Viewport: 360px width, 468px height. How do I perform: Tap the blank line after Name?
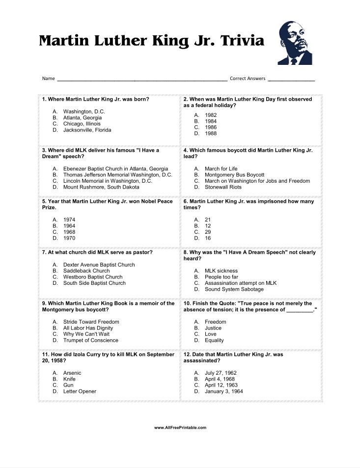(142, 79)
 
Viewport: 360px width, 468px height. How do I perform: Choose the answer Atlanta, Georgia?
(82, 118)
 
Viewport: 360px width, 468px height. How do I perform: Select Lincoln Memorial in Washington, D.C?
(108, 181)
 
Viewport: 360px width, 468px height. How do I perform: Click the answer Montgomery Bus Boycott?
(234, 175)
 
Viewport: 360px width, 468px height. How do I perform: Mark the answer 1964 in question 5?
(69, 226)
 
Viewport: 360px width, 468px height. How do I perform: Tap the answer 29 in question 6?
(208, 232)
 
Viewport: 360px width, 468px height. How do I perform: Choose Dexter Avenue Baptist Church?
(99, 265)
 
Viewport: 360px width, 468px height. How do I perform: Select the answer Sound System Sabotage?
(234, 289)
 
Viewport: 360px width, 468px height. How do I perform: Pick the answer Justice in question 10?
(213, 328)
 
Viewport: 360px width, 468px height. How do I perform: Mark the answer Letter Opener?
(80, 391)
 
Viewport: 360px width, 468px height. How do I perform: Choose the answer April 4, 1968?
(220, 379)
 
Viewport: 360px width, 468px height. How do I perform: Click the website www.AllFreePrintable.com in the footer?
(180, 428)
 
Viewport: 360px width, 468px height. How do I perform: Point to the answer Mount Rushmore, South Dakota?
(101, 187)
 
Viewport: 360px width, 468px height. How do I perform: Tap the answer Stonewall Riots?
(223, 187)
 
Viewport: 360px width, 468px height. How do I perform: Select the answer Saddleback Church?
(86, 271)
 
